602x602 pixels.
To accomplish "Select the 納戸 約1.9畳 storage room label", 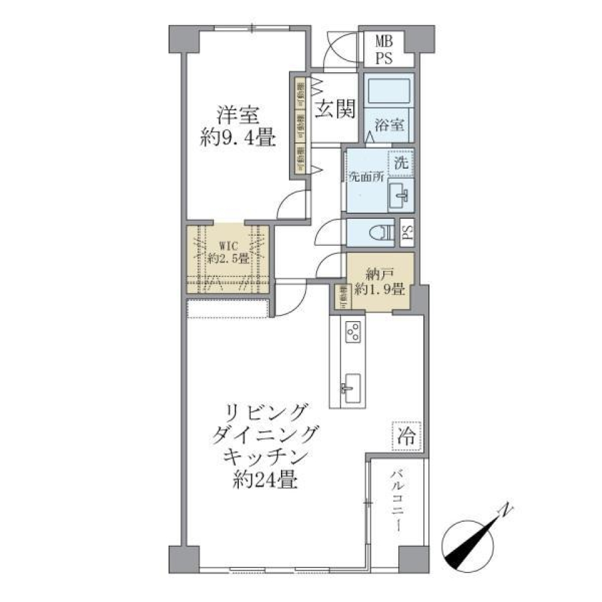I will (379, 282).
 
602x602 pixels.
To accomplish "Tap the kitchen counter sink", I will (351, 386).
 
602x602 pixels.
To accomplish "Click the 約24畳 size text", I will (263, 481).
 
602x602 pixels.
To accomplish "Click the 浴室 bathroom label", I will (389, 124).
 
